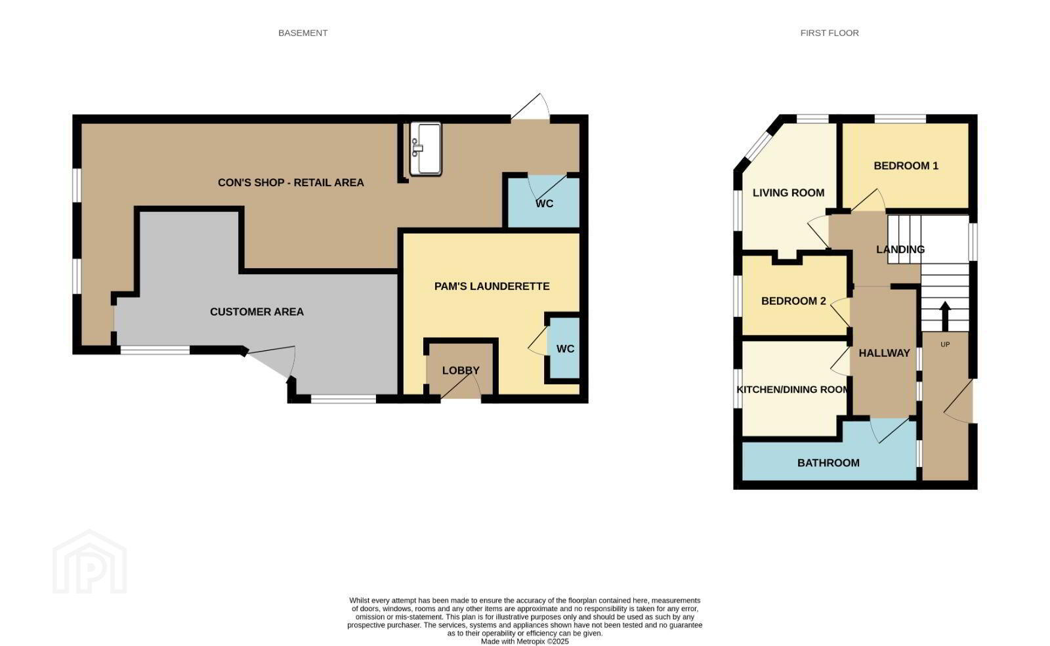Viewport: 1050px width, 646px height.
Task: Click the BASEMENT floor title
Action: pyautogui.click(x=303, y=33)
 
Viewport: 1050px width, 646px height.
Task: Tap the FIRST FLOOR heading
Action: pyautogui.click(x=829, y=33)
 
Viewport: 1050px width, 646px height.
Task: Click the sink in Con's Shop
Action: pyautogui.click(x=426, y=149)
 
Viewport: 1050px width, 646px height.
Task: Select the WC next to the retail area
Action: pyautogui.click(x=544, y=203)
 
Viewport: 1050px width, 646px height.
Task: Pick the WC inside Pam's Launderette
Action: pyautogui.click(x=565, y=348)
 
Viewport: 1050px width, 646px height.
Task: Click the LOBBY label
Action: pyautogui.click(x=461, y=371)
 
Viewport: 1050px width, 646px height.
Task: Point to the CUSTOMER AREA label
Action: pyautogui.click(x=257, y=312)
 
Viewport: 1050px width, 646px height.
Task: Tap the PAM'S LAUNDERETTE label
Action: pyautogui.click(x=492, y=286)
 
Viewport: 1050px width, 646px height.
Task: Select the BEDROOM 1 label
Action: pyautogui.click(x=906, y=165)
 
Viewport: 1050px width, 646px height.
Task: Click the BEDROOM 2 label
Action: pyautogui.click(x=793, y=301)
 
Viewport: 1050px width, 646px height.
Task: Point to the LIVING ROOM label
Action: pyautogui.click(x=788, y=193)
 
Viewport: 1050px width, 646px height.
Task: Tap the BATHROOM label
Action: pyautogui.click(x=828, y=463)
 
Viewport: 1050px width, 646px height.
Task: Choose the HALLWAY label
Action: pyautogui.click(x=884, y=353)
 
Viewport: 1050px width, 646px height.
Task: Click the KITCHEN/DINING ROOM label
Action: pyautogui.click(x=792, y=390)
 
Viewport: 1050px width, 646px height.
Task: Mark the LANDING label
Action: pyautogui.click(x=900, y=249)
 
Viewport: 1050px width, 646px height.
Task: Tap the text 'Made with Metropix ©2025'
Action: pyautogui.click(x=525, y=641)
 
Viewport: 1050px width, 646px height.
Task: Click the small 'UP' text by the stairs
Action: pyautogui.click(x=945, y=344)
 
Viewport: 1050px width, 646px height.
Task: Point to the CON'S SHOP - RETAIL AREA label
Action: pyautogui.click(x=291, y=183)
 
